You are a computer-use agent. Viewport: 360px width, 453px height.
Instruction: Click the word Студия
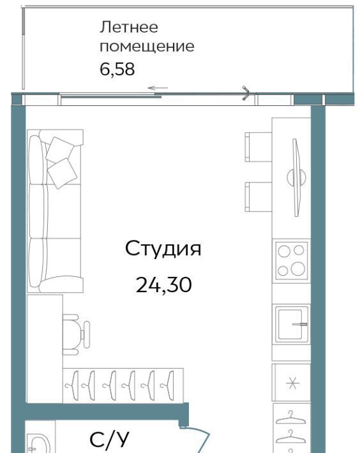coord(163,249)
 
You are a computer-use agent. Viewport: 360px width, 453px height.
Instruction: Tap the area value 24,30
coord(164,285)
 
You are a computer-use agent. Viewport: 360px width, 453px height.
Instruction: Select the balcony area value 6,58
coord(117,70)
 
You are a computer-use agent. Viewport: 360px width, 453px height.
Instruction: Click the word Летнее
coord(129,27)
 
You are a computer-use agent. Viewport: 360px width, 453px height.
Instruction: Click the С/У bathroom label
coord(109,440)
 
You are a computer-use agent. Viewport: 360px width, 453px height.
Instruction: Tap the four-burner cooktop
coord(291,260)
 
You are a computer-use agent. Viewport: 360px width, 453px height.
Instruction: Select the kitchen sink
coord(291,324)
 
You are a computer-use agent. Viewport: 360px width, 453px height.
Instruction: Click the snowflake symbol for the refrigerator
coord(292,383)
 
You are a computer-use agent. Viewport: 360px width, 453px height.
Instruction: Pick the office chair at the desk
coord(76,334)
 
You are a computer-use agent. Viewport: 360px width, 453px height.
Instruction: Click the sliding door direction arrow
coord(158,88)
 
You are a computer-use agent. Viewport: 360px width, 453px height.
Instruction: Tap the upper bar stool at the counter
coord(258,147)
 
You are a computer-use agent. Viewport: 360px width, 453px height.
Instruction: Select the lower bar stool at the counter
coord(258,197)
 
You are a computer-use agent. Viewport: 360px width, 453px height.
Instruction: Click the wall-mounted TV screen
coord(296,177)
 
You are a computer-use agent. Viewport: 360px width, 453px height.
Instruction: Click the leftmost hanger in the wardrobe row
coord(72,385)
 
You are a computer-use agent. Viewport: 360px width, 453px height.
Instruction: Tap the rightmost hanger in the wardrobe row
coord(168,385)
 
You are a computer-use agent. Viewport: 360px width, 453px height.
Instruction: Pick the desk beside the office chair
coord(45,349)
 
